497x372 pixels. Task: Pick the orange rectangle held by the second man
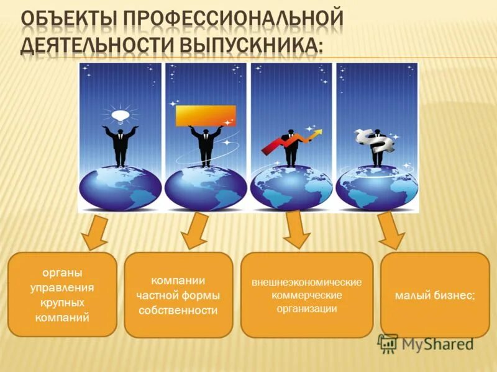(206, 115)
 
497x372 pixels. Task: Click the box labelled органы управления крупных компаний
(62, 294)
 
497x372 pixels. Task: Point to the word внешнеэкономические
(306, 282)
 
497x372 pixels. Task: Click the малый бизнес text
(435, 295)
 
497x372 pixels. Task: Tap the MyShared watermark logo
(426, 343)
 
